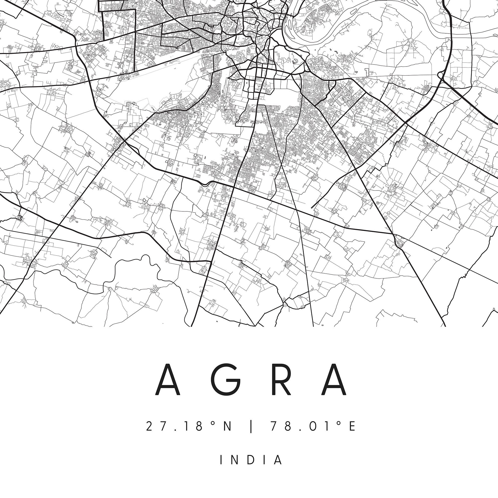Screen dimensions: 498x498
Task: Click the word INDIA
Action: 251,460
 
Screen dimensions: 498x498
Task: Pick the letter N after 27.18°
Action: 227,426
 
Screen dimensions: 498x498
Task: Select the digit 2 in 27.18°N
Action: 149,426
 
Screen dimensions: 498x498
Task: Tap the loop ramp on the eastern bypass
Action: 440,75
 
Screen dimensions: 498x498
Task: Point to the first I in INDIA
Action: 221,460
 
